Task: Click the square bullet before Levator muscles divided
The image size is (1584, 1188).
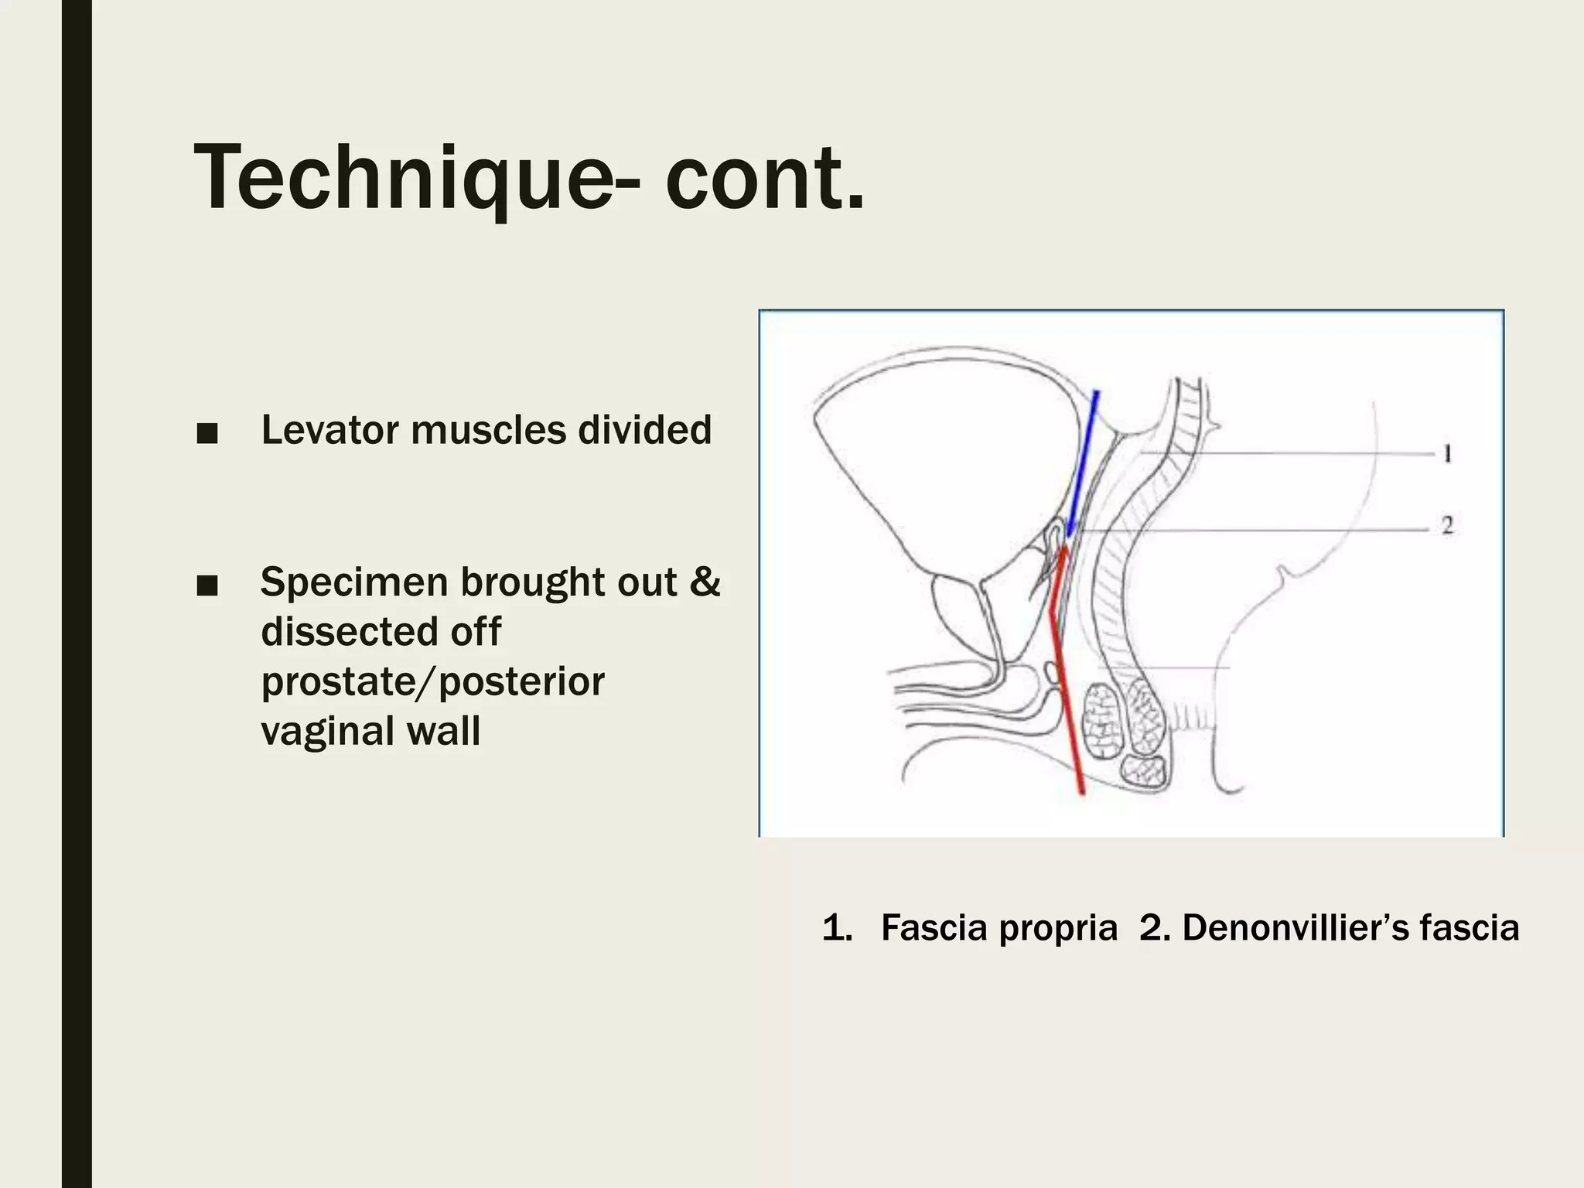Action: pos(207,434)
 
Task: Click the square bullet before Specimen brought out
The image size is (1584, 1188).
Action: pos(207,586)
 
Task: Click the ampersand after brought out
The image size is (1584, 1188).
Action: pos(704,582)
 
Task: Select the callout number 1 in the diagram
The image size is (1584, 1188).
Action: pos(1447,454)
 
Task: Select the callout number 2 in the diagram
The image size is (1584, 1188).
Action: pos(1447,526)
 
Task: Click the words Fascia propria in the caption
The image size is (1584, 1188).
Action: pos(999,927)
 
